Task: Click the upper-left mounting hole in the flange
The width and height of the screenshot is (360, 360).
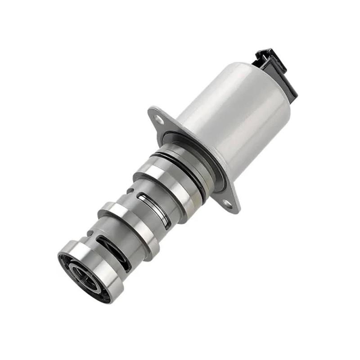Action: point(158,120)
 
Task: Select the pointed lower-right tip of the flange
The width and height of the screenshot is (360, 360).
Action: point(236,209)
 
